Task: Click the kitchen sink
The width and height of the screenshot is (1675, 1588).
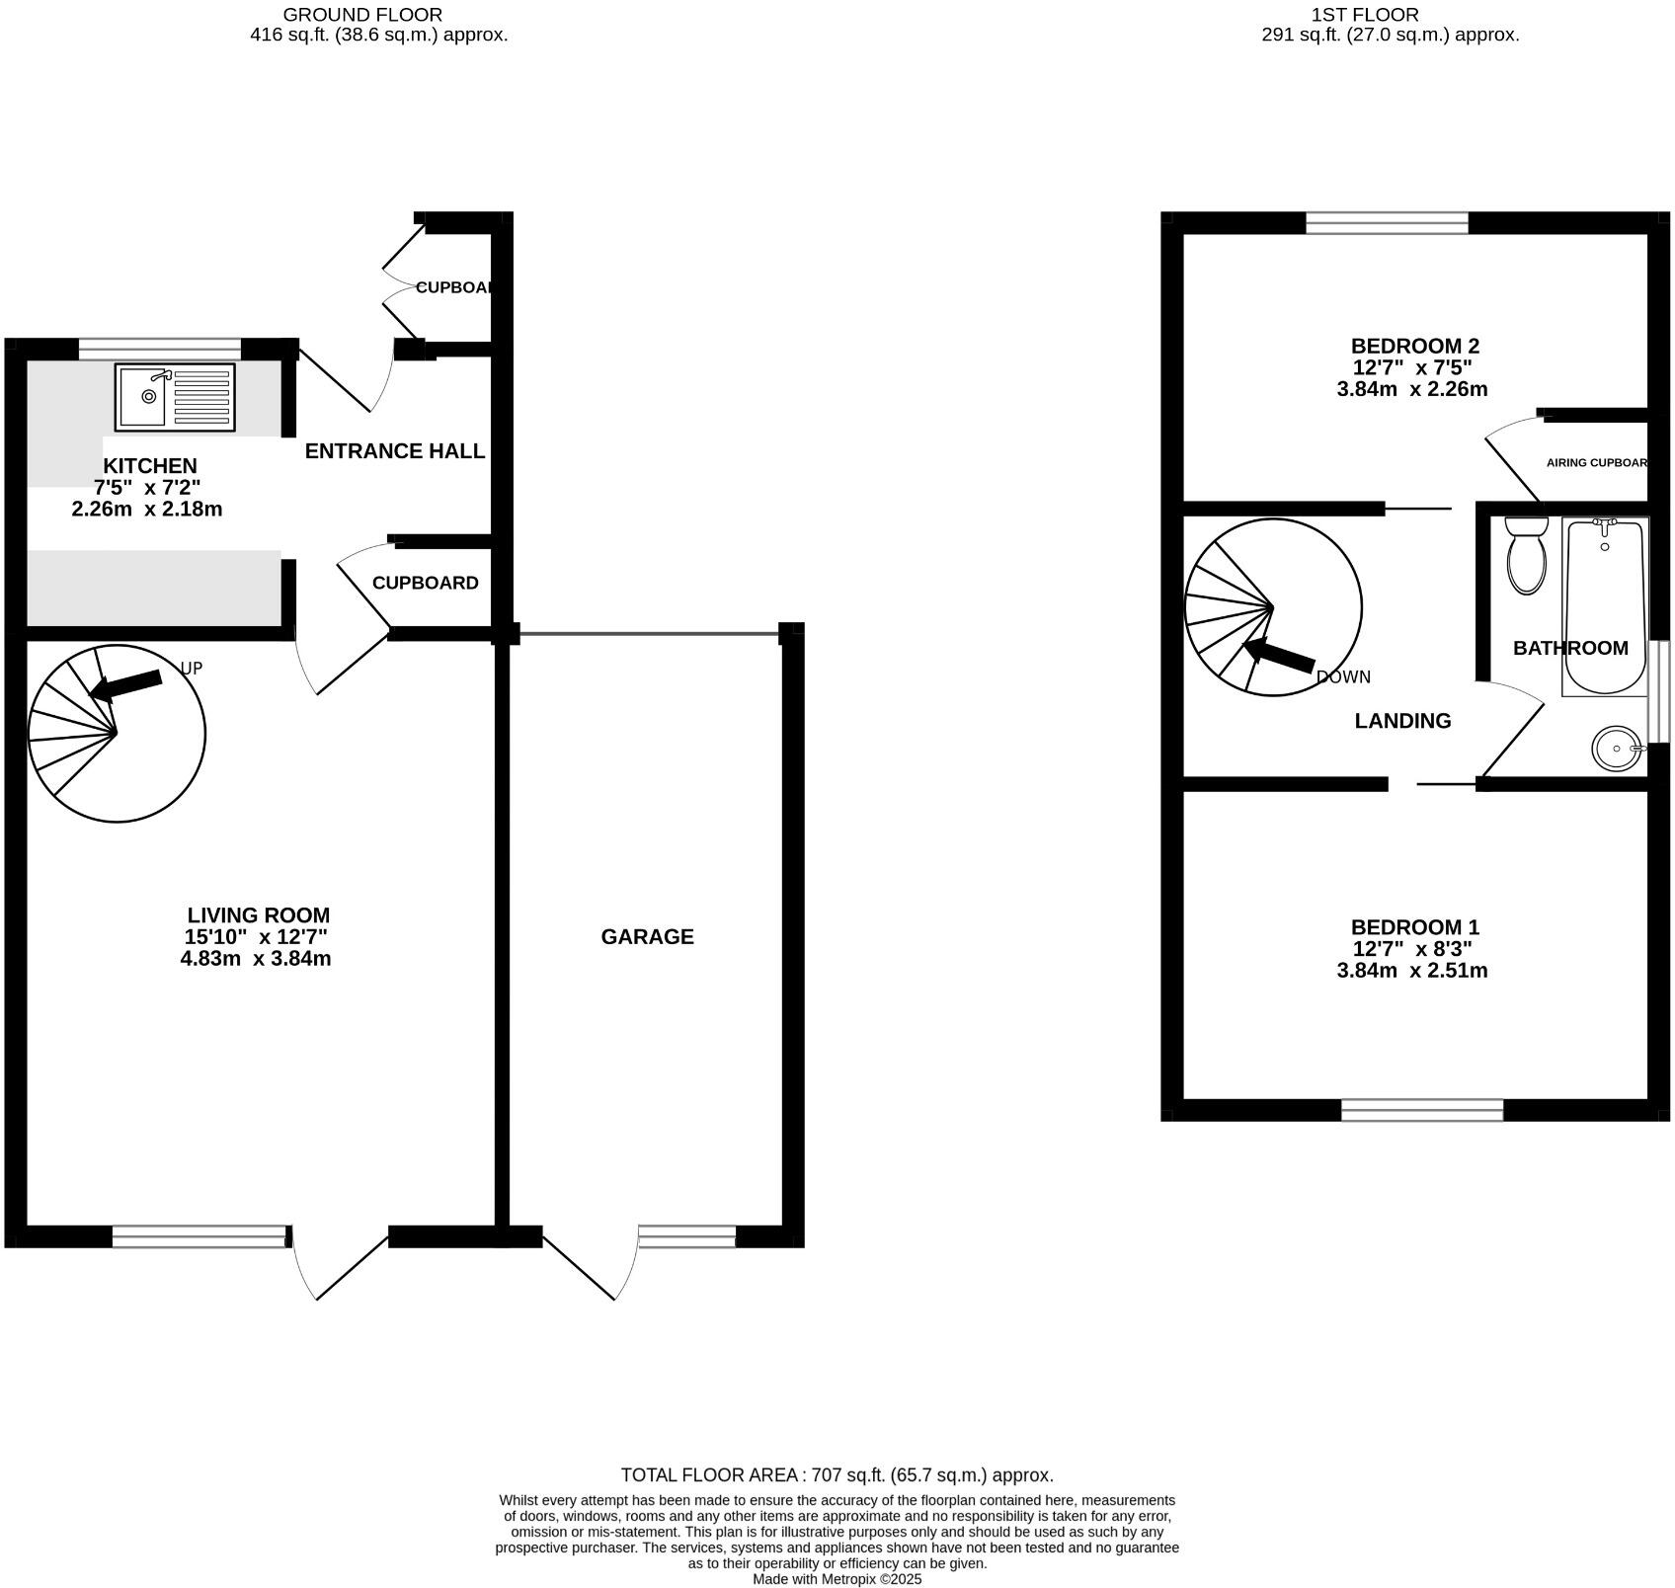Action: click(175, 397)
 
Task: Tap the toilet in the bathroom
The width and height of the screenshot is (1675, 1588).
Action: click(1526, 557)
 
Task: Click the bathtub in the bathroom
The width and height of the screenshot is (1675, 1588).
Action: click(1604, 607)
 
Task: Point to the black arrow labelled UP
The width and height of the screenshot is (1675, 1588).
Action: click(126, 684)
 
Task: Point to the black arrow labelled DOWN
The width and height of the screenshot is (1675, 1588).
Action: click(1279, 657)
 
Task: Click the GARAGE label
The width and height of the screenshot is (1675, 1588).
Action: click(647, 936)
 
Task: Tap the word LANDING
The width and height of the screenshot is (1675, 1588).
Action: click(1401, 721)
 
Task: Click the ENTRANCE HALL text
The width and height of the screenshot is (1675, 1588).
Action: click(394, 451)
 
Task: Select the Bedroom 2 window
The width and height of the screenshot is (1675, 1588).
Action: click(1387, 223)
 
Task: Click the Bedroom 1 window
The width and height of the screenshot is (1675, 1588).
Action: click(1421, 1110)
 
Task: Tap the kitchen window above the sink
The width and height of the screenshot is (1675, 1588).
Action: click(159, 349)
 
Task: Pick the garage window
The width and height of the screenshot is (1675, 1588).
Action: click(686, 1236)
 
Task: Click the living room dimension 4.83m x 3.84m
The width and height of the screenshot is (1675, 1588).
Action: click(255, 959)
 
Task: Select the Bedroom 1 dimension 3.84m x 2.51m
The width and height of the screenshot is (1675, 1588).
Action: click(1411, 971)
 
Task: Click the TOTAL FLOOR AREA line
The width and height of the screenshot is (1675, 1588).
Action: click(837, 1475)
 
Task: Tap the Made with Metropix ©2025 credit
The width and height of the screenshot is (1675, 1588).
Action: click(837, 1579)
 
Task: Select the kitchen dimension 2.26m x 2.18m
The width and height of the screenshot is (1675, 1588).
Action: click(146, 510)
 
